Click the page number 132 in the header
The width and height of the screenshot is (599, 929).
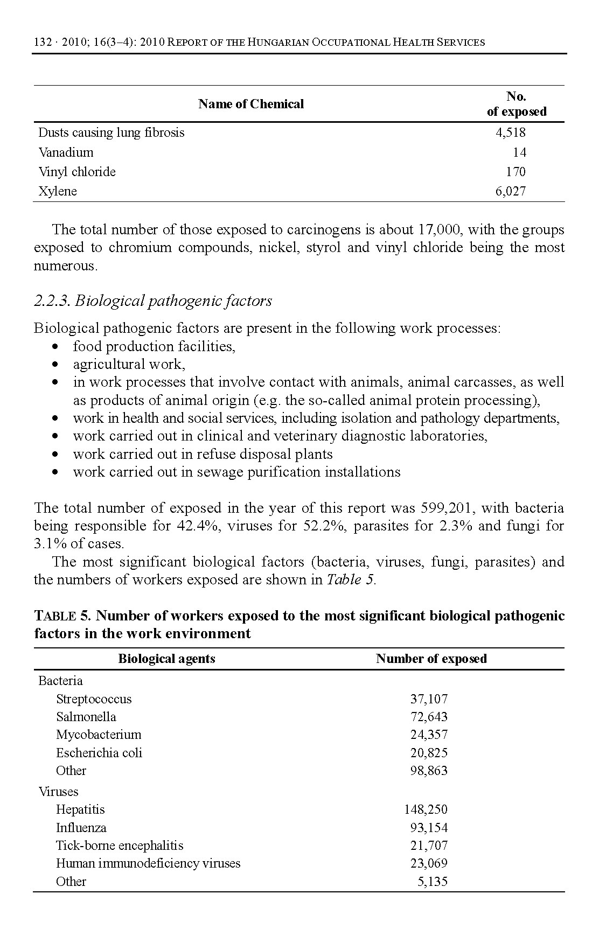coord(42,42)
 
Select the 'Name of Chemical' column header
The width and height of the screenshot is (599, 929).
coord(250,104)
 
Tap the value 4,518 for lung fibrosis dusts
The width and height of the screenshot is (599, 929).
coord(510,132)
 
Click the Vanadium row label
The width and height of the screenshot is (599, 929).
coord(66,152)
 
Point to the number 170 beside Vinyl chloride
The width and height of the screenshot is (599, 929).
coord(516,172)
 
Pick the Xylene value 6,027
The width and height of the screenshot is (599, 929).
coord(510,191)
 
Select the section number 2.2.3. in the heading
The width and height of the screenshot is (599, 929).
coord(52,301)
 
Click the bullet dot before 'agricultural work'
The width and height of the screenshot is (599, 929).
coord(55,365)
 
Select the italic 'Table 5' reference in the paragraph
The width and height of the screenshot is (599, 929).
coord(351,580)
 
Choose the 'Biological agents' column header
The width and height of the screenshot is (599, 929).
coord(166,659)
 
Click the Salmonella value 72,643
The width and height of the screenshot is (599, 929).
coord(429,717)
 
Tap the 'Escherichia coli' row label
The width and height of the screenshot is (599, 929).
coord(99,753)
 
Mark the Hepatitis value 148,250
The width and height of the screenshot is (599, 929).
coord(426,809)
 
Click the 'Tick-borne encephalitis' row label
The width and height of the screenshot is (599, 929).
coord(120,846)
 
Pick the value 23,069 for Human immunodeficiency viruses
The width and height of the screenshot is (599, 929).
coord(429,863)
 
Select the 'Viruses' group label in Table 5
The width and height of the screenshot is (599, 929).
coord(58,792)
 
